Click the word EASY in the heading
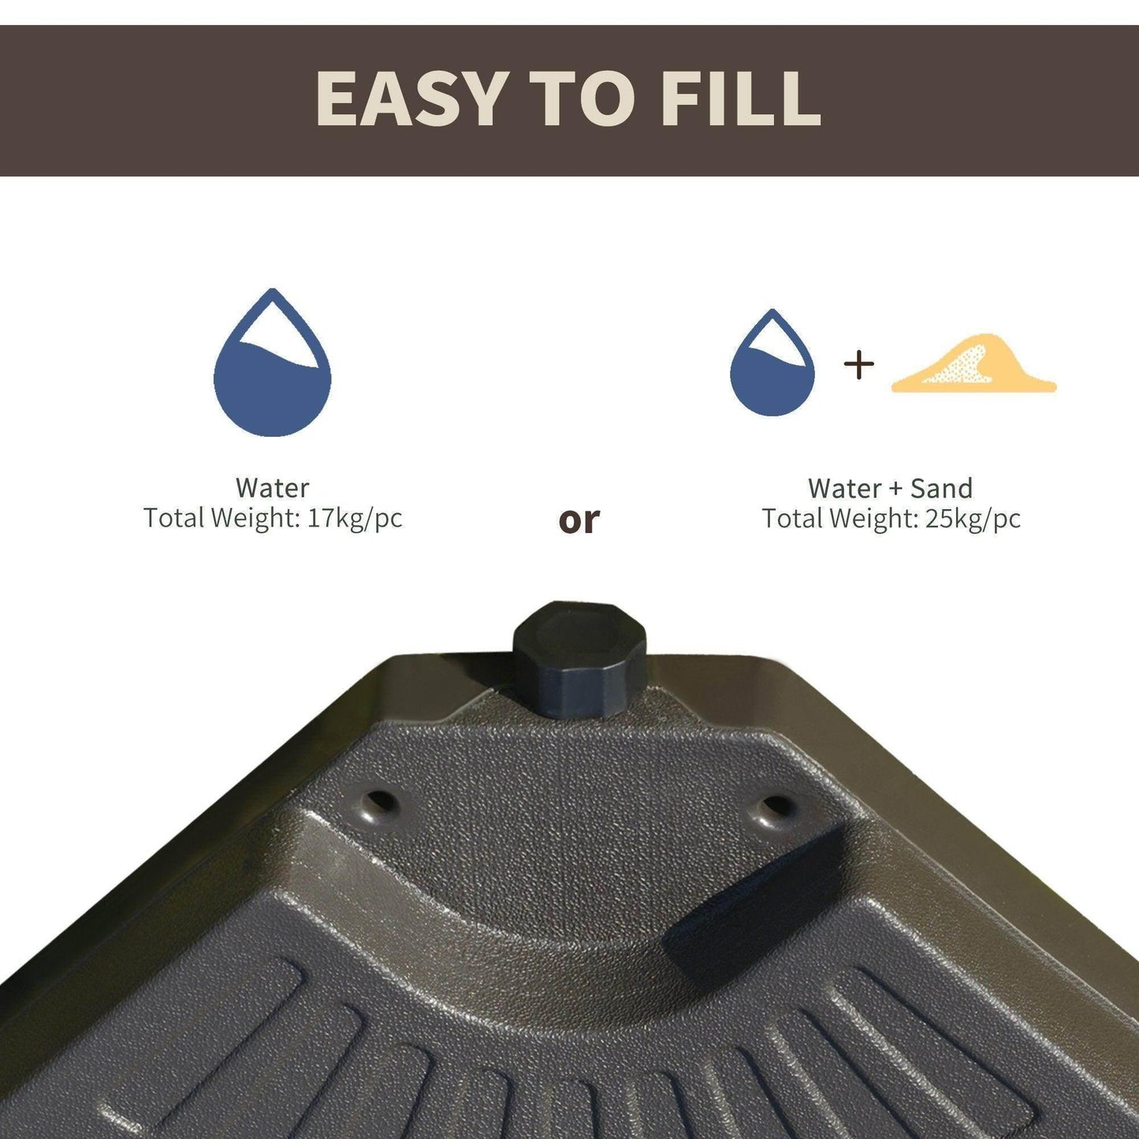coord(412,98)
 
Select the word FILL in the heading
coord(741,98)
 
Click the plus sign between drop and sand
coord(859,365)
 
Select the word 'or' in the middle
coord(579,519)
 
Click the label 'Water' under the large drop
coord(273,488)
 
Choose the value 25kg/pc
coord(973,519)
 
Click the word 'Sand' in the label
coord(942,488)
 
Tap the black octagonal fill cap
coord(579,659)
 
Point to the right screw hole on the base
coord(771,807)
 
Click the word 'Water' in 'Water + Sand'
coord(845,488)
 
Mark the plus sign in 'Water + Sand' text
coord(896,489)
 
